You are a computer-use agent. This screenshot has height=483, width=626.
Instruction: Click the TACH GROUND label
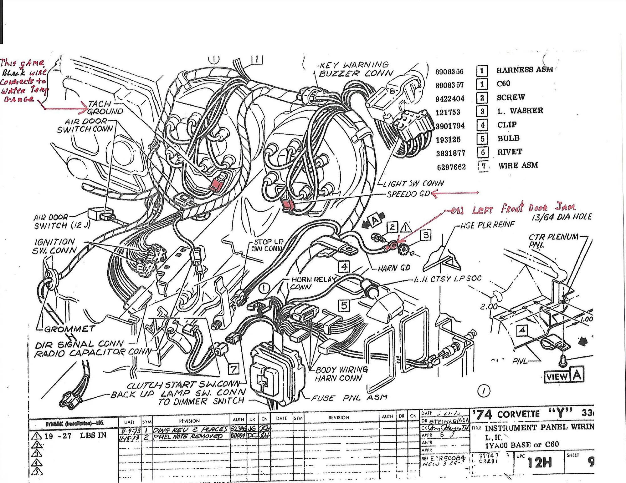[105, 108]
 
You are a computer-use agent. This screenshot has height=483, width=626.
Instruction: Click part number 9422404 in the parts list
[450, 99]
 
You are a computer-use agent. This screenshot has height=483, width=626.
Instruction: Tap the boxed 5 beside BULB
[482, 139]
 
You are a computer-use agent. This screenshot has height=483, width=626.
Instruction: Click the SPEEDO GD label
[408, 194]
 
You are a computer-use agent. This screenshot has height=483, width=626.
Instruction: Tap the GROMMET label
[69, 329]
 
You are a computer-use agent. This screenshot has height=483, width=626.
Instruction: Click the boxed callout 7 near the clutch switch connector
[234, 369]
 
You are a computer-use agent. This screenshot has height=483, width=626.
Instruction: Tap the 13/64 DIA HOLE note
[561, 217]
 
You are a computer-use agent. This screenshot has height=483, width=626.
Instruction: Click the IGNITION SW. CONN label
[55, 246]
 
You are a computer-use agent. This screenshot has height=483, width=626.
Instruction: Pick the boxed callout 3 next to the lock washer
[426, 235]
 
